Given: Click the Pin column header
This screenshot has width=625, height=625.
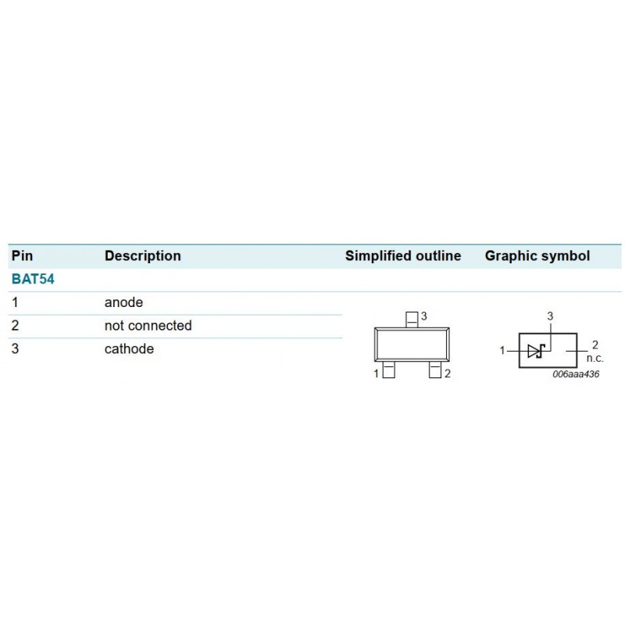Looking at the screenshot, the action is (23, 256).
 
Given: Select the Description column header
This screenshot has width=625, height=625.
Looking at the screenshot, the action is (143, 256).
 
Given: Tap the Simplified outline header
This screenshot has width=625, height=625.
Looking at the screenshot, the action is (403, 256).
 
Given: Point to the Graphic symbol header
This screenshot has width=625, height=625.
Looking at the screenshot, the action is (537, 256).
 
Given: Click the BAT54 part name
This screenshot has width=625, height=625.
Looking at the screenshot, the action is (33, 279).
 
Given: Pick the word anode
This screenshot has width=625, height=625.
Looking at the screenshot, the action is (123, 302).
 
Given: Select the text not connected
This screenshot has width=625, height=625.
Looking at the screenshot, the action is (148, 326).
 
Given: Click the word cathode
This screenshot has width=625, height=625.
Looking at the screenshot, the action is (129, 348).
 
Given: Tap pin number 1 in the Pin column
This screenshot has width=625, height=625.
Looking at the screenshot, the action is (15, 302).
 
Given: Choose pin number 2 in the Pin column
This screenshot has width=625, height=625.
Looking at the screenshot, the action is (15, 326).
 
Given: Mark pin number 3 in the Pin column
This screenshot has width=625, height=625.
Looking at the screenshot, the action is (15, 348).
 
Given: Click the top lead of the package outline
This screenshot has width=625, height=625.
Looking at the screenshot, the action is (412, 320).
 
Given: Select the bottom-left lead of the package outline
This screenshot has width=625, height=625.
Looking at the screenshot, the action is (388, 370).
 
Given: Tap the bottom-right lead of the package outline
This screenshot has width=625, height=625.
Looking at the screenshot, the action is (435, 370).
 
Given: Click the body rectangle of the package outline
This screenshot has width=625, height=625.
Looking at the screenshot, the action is (412, 345).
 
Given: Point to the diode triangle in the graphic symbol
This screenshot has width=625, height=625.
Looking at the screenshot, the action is (534, 351).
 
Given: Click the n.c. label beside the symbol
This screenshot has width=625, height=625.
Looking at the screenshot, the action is (595, 358).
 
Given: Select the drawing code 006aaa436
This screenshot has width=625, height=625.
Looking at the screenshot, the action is (576, 374).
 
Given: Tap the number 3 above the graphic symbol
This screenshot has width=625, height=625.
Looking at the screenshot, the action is (550, 316).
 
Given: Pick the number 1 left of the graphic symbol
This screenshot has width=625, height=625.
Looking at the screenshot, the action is (502, 350).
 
